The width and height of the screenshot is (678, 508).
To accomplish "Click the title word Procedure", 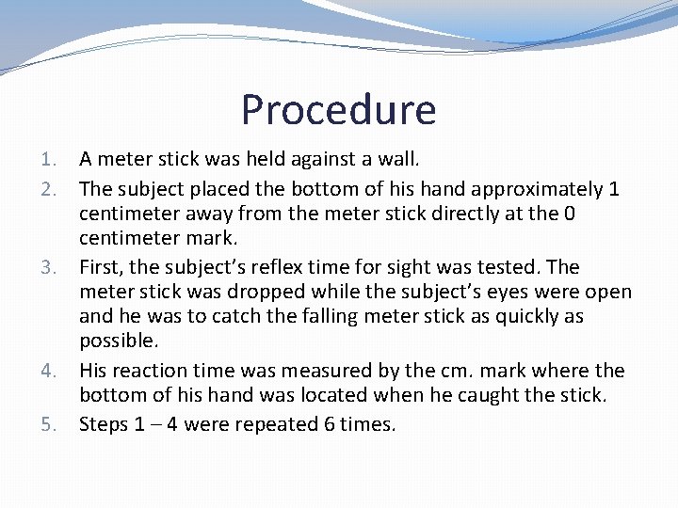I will coord(338,110).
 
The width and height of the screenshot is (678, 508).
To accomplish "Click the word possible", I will coord(117,341).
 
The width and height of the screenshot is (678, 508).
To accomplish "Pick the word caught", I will coord(489,396).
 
